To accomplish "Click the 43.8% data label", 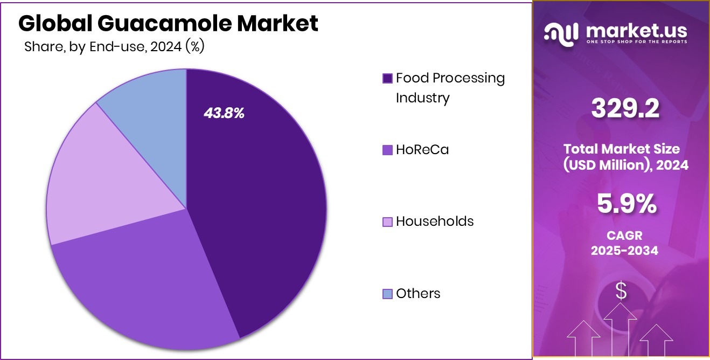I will (224, 113).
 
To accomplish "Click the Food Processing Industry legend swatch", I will (387, 79).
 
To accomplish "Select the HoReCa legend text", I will (422, 149).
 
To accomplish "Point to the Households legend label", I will (434, 221).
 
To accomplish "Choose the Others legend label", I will (417, 293).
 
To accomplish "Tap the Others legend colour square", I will (387, 294).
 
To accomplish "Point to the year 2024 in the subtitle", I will (165, 47).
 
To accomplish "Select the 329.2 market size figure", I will (625, 109).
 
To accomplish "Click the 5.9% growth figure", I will (626, 204).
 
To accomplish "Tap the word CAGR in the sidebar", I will (625, 236).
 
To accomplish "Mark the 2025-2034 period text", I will (624, 250).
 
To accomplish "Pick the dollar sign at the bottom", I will (621, 291).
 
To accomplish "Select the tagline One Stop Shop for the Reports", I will (637, 41).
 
